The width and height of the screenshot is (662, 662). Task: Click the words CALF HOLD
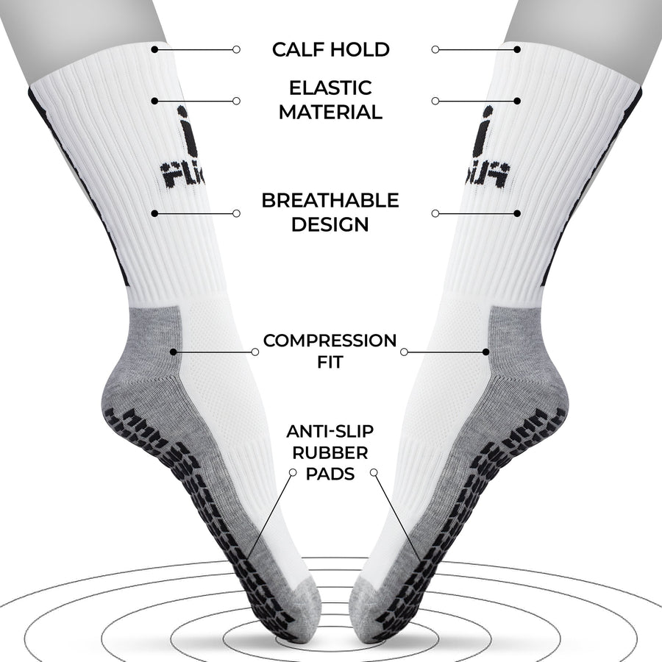coord(330,50)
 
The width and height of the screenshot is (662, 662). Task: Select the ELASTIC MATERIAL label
coord(330,100)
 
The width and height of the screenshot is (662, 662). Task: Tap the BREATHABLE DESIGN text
coord(330,213)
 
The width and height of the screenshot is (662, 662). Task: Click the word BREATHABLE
coord(330,201)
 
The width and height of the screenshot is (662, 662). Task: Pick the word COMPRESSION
coord(330,341)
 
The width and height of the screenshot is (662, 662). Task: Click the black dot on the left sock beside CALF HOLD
coord(154,49)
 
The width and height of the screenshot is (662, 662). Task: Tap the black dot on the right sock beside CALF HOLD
coord(518,49)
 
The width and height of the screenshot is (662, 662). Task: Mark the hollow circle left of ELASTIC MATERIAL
coord(236,100)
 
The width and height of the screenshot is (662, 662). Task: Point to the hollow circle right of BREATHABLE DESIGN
coord(435,213)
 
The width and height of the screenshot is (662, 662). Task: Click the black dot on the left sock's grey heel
coord(173,352)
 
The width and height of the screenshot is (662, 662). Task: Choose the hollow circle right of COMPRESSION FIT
coord(404,352)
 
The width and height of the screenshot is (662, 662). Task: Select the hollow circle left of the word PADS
coord(293,472)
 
